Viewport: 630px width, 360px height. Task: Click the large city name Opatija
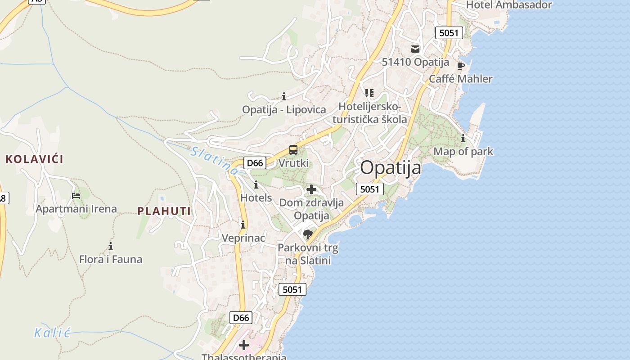click(x=391, y=168)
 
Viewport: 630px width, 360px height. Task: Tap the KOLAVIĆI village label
click(x=35, y=159)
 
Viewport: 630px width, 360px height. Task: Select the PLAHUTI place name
click(x=164, y=211)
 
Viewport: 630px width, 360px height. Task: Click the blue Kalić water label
click(x=53, y=333)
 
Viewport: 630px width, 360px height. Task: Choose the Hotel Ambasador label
click(x=509, y=5)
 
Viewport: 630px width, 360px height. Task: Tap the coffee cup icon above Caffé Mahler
click(x=461, y=66)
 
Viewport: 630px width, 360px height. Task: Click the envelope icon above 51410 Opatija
click(x=415, y=49)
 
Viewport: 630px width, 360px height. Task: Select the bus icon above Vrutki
click(x=293, y=150)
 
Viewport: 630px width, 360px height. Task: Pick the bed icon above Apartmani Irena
click(x=76, y=196)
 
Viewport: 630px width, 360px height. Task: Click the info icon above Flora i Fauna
click(x=111, y=246)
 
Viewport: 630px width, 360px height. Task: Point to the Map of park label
click(x=463, y=152)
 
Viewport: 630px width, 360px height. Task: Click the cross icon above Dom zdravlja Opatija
click(x=311, y=189)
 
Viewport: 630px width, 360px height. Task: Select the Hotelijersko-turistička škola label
click(x=369, y=113)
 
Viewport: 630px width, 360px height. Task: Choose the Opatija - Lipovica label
click(x=284, y=109)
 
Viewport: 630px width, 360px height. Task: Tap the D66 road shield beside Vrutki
click(x=255, y=163)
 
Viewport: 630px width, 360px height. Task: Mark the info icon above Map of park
click(x=463, y=139)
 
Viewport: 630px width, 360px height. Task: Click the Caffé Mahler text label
click(x=460, y=79)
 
